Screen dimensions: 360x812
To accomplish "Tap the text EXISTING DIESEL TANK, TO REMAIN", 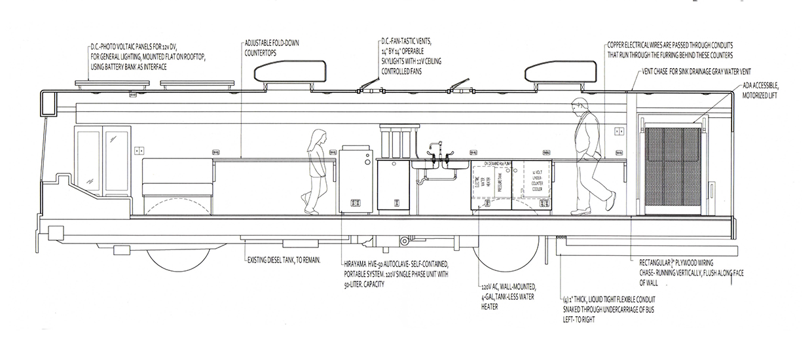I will [x=284, y=261].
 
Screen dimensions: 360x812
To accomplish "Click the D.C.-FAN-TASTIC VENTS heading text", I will [x=412, y=41].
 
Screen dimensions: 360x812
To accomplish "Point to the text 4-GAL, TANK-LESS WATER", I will [x=507, y=296].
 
